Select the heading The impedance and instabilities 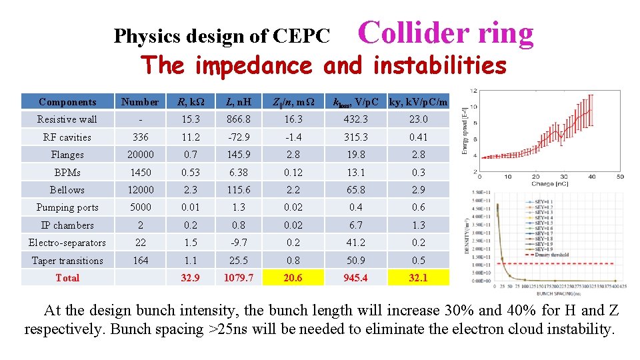point(324,65)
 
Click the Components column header point(67,102)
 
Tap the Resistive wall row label point(67,119)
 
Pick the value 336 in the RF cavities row point(141,137)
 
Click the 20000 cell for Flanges point(141,155)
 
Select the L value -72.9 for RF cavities point(239,137)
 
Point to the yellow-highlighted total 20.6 point(293,278)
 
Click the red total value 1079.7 point(239,278)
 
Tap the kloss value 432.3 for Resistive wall point(355,119)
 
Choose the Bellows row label point(67,190)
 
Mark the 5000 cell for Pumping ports point(141,207)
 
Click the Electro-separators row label point(67,243)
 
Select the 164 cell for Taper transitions point(141,260)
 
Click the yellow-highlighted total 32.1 point(418,278)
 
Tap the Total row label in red point(67,278)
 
